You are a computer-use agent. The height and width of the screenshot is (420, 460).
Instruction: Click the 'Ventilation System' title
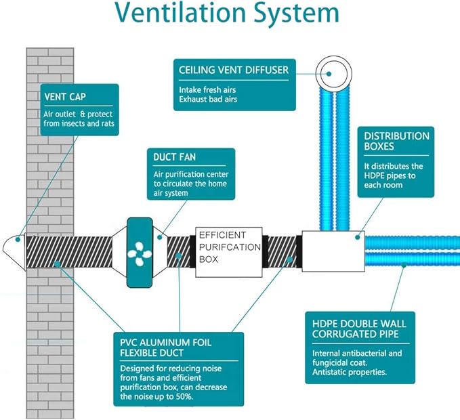tap(228, 13)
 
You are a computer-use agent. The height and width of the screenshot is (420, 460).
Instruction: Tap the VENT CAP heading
tap(65, 97)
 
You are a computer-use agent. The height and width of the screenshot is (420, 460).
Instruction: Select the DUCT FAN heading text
tap(174, 157)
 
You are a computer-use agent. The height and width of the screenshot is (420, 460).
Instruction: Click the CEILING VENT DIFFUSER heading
tap(234, 70)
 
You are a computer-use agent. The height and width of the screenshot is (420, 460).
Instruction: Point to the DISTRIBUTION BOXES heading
tap(396, 141)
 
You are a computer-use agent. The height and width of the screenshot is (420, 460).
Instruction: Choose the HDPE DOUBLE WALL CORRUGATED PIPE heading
tap(359, 329)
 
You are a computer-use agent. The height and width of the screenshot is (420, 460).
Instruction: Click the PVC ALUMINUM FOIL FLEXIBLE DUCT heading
tap(165, 348)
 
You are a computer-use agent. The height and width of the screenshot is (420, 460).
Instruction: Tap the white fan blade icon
tap(140, 254)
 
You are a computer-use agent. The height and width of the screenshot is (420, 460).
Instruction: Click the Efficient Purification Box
tap(229, 252)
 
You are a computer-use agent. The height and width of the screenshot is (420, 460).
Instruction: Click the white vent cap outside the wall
tap(14, 253)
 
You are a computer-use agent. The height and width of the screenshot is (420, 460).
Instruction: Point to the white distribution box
tap(333, 251)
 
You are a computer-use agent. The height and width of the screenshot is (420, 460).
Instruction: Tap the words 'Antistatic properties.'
tap(350, 372)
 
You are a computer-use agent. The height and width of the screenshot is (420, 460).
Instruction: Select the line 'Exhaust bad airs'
tap(208, 99)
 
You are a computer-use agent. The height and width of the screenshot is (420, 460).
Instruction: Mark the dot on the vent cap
tap(18, 240)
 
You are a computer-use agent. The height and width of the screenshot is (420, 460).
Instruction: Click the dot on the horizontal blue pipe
tap(404, 265)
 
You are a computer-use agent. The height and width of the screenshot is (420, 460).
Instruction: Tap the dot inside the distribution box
tap(357, 237)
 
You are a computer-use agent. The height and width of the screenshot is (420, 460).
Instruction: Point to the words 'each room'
tap(383, 185)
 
